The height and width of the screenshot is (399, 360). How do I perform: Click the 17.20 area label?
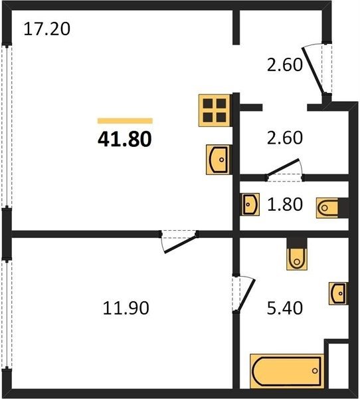pos(46,29)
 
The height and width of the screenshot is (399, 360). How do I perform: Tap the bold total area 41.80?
pos(125,139)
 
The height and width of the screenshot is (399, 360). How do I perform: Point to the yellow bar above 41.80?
pos(125,121)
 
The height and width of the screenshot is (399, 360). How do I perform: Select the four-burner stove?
pos(215,110)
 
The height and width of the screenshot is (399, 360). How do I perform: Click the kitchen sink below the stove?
pos(219,160)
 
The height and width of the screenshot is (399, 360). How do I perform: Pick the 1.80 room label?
pos(285,204)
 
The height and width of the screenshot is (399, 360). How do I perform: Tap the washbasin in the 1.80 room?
pos(250,204)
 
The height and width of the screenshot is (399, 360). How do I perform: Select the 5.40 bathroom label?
pos(285,308)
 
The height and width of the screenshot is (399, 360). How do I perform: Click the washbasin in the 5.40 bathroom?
pos(339,293)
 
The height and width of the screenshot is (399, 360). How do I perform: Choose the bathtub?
pos(287,371)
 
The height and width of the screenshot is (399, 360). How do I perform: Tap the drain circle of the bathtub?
pos(315,371)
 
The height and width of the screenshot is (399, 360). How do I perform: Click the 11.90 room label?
pos(126,308)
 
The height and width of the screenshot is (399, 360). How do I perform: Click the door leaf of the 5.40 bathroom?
pos(246,295)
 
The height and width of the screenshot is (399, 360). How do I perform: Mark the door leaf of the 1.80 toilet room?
pos(283,167)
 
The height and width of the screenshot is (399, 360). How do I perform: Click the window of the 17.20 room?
pos(7,126)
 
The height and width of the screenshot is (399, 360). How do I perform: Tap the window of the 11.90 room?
pos(7,314)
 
